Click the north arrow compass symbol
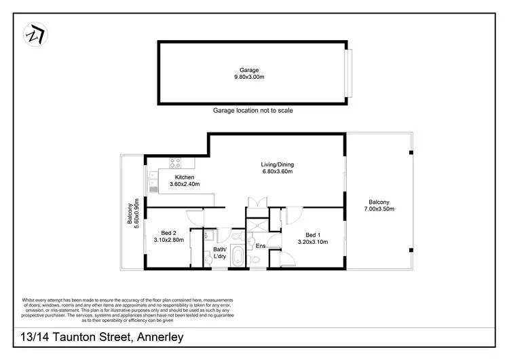point(33,33)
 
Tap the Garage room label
point(249,70)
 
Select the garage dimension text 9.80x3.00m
point(249,77)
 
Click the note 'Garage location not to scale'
point(252,110)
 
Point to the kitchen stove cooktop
point(174,163)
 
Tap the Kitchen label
point(166,177)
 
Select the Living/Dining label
point(277,164)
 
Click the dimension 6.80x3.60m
point(277,173)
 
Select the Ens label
point(261,246)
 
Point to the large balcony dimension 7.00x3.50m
point(379,209)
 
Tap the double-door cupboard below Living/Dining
point(258,202)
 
